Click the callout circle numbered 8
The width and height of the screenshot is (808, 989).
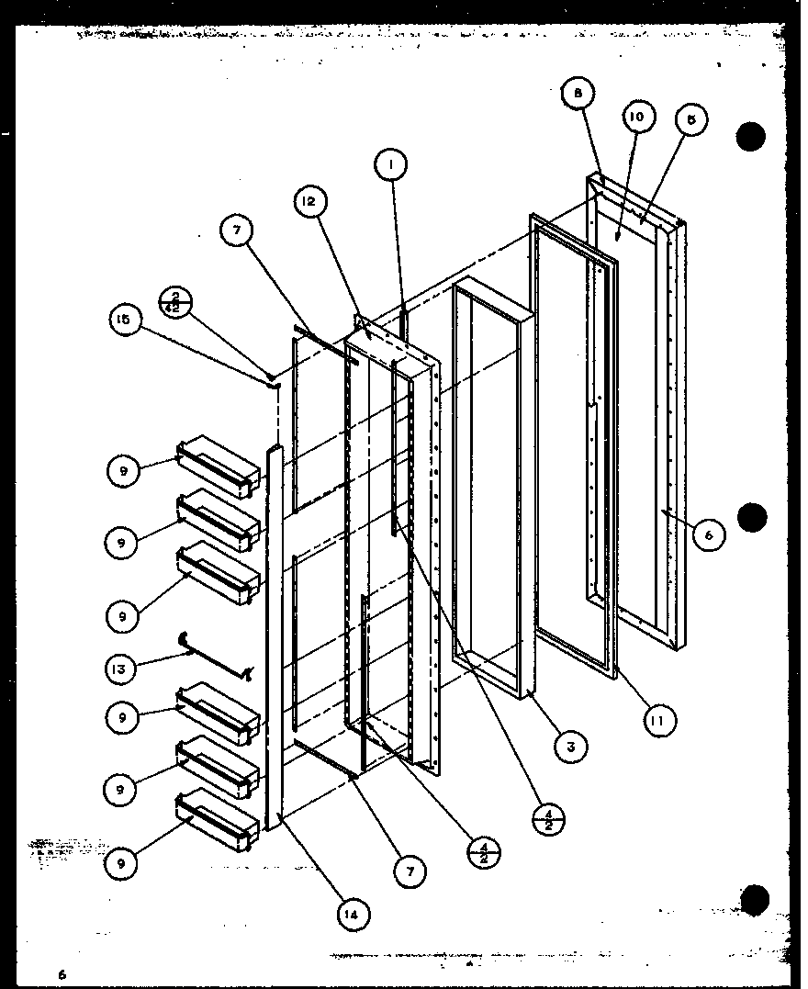point(578,94)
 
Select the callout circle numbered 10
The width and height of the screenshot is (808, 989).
point(637,118)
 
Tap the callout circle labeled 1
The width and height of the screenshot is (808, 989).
point(390,166)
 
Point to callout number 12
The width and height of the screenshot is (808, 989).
point(309,201)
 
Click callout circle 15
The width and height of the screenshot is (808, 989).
point(124,320)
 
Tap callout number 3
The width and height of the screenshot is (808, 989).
point(570,746)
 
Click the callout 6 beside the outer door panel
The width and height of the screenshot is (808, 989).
point(709,534)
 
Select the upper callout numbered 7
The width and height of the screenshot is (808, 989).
point(237,231)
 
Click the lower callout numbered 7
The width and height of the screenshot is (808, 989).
point(410,869)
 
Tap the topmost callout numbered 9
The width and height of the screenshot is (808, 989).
point(123,471)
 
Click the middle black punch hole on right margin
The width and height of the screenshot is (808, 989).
point(751,517)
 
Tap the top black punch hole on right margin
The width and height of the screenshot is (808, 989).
point(750,137)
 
